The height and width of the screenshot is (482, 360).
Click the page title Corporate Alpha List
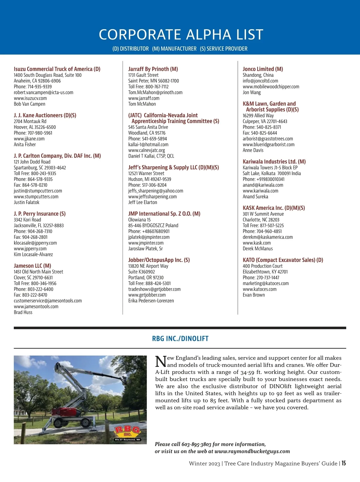tap(181, 35)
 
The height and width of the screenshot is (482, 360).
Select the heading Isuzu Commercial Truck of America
tap(57, 69)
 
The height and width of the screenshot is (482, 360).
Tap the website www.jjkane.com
tap(29, 139)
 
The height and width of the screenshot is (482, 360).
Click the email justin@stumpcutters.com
tap(38, 191)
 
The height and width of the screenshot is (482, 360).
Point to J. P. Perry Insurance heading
tap(40, 214)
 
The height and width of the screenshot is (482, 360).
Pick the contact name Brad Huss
tap(23, 312)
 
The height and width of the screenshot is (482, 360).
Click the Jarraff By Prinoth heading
tap(153, 69)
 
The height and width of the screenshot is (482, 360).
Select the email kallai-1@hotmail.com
tap(148, 144)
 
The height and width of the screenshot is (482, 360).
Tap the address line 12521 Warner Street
tap(146, 173)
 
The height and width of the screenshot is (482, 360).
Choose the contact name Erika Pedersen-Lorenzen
tap(151, 301)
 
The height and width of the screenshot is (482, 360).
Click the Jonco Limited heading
tap(263, 69)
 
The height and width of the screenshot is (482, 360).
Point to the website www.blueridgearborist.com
tap(268, 145)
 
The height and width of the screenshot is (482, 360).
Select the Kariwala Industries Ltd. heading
tap(274, 161)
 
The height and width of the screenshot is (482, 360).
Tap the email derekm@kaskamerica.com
tap(268, 237)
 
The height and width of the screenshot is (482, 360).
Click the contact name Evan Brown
tap(254, 295)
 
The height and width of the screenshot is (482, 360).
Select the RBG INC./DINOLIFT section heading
tap(180, 339)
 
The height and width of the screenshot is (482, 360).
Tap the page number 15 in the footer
tap(343, 463)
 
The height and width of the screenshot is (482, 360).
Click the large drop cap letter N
tap(161, 361)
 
